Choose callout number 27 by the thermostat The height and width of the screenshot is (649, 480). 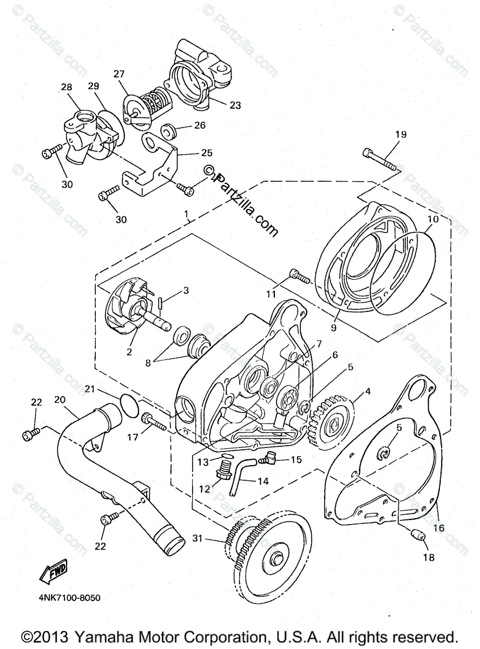(x=119, y=75)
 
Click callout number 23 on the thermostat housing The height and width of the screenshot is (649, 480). (x=235, y=105)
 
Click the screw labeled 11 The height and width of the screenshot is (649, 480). (x=299, y=277)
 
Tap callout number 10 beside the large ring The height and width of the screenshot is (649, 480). (x=433, y=221)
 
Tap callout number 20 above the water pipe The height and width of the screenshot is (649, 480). (x=60, y=399)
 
